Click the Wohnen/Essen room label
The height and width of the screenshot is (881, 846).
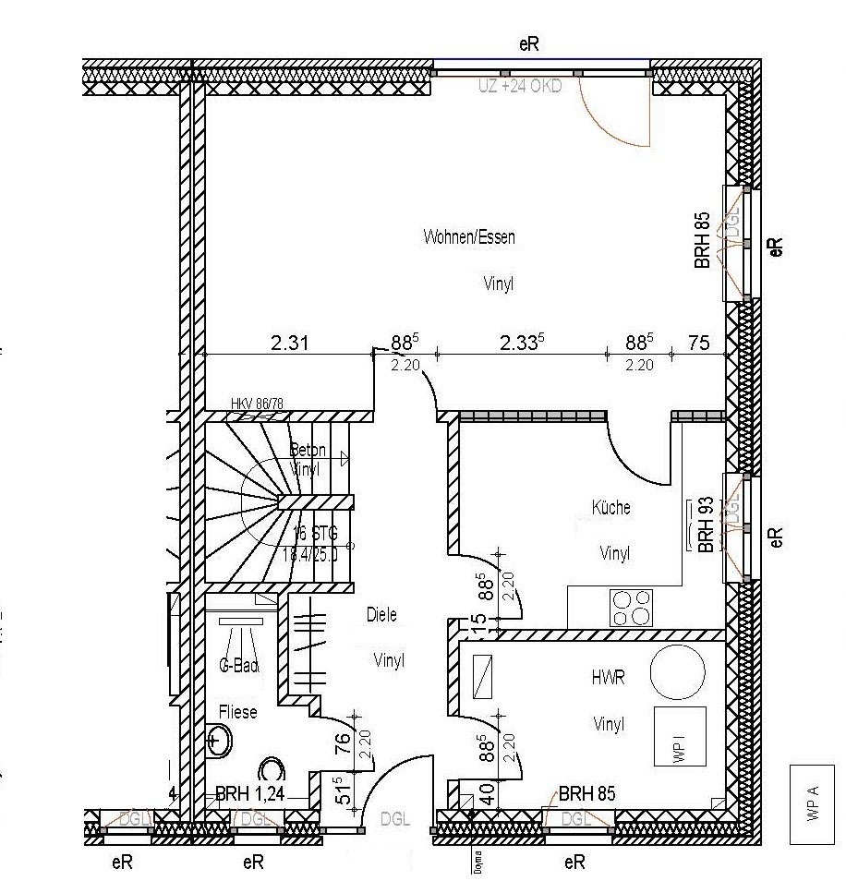(x=469, y=237)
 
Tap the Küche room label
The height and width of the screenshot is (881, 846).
(x=611, y=508)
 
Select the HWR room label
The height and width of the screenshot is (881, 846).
(x=608, y=678)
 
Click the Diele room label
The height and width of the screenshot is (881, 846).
(x=381, y=615)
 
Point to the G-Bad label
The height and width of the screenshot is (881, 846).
(x=238, y=665)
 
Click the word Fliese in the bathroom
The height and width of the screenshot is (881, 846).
(x=237, y=712)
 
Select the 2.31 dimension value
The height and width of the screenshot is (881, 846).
(x=289, y=344)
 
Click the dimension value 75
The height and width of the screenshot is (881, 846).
(x=699, y=344)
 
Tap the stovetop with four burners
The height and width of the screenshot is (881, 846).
(x=631, y=609)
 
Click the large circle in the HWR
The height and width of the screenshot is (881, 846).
(x=677, y=671)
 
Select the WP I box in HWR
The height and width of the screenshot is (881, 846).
(x=680, y=736)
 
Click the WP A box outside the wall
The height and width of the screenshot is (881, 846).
(x=813, y=803)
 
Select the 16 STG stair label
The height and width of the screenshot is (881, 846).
(x=316, y=534)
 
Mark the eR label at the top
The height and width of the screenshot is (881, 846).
(x=528, y=42)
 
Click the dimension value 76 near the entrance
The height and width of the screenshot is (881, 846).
(x=341, y=742)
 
